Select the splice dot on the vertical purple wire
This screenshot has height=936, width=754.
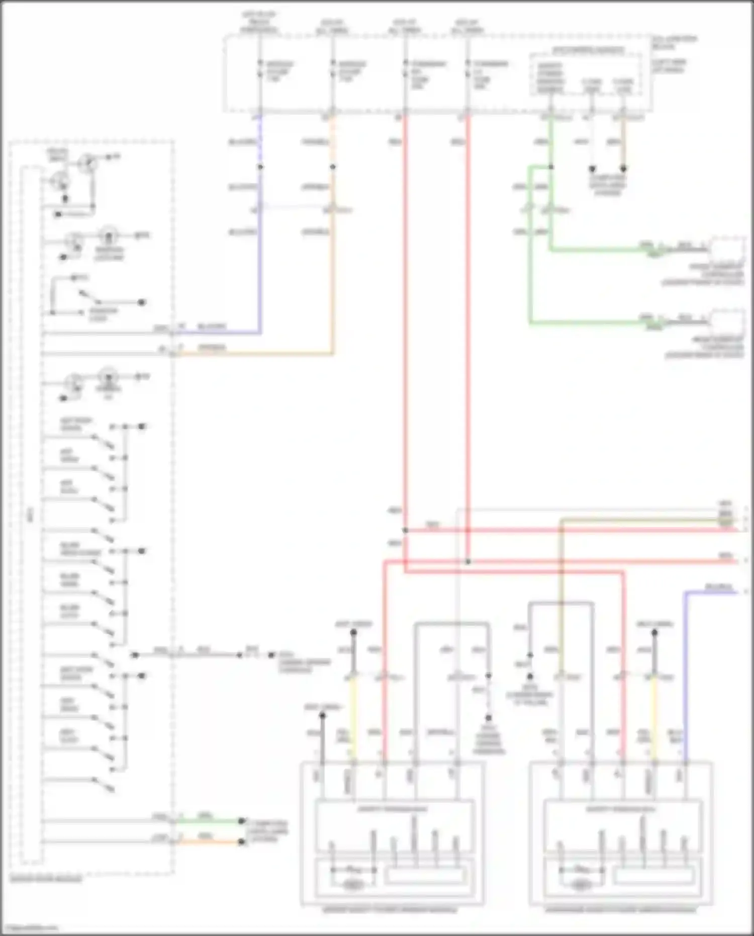(x=260, y=167)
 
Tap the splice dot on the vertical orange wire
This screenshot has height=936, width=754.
(x=333, y=167)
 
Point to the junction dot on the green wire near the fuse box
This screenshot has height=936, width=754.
(x=551, y=167)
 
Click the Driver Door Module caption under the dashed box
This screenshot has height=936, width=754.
(x=46, y=879)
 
